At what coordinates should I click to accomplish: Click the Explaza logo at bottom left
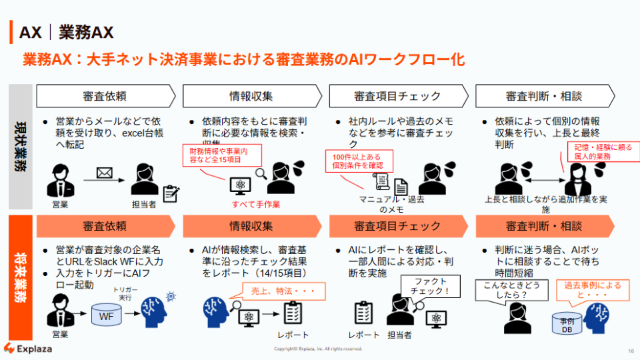click(x=28, y=348)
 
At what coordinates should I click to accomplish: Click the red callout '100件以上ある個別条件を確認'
click(x=359, y=160)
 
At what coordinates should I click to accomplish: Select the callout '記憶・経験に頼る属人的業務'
click(x=599, y=151)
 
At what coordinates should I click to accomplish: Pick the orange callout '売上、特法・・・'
click(x=279, y=291)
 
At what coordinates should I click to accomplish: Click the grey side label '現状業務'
click(x=21, y=147)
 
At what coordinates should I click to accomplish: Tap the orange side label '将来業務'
click(x=21, y=277)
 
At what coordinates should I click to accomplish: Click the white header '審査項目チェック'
click(x=397, y=96)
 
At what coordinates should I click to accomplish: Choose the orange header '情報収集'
click(x=251, y=226)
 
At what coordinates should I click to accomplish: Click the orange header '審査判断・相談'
click(x=544, y=226)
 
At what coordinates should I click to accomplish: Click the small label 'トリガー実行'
click(x=125, y=294)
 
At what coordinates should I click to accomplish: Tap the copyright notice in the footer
click(x=318, y=349)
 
